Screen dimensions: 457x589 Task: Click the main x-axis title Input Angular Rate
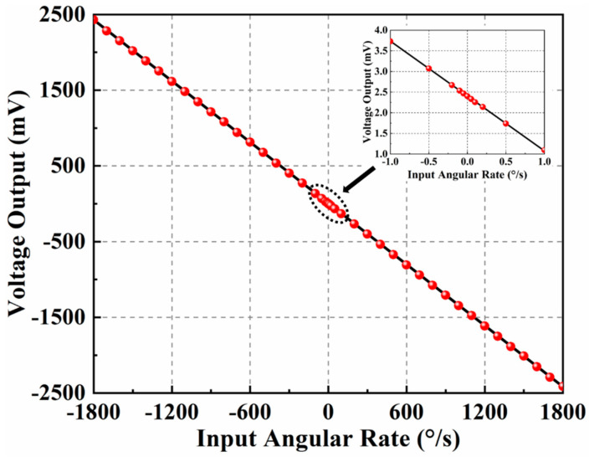(327, 438)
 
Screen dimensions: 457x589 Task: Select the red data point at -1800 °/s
(94, 18)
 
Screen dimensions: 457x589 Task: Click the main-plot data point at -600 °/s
(249, 141)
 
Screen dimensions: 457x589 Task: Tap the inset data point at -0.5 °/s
(429, 69)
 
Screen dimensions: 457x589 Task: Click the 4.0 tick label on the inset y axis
(378, 31)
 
